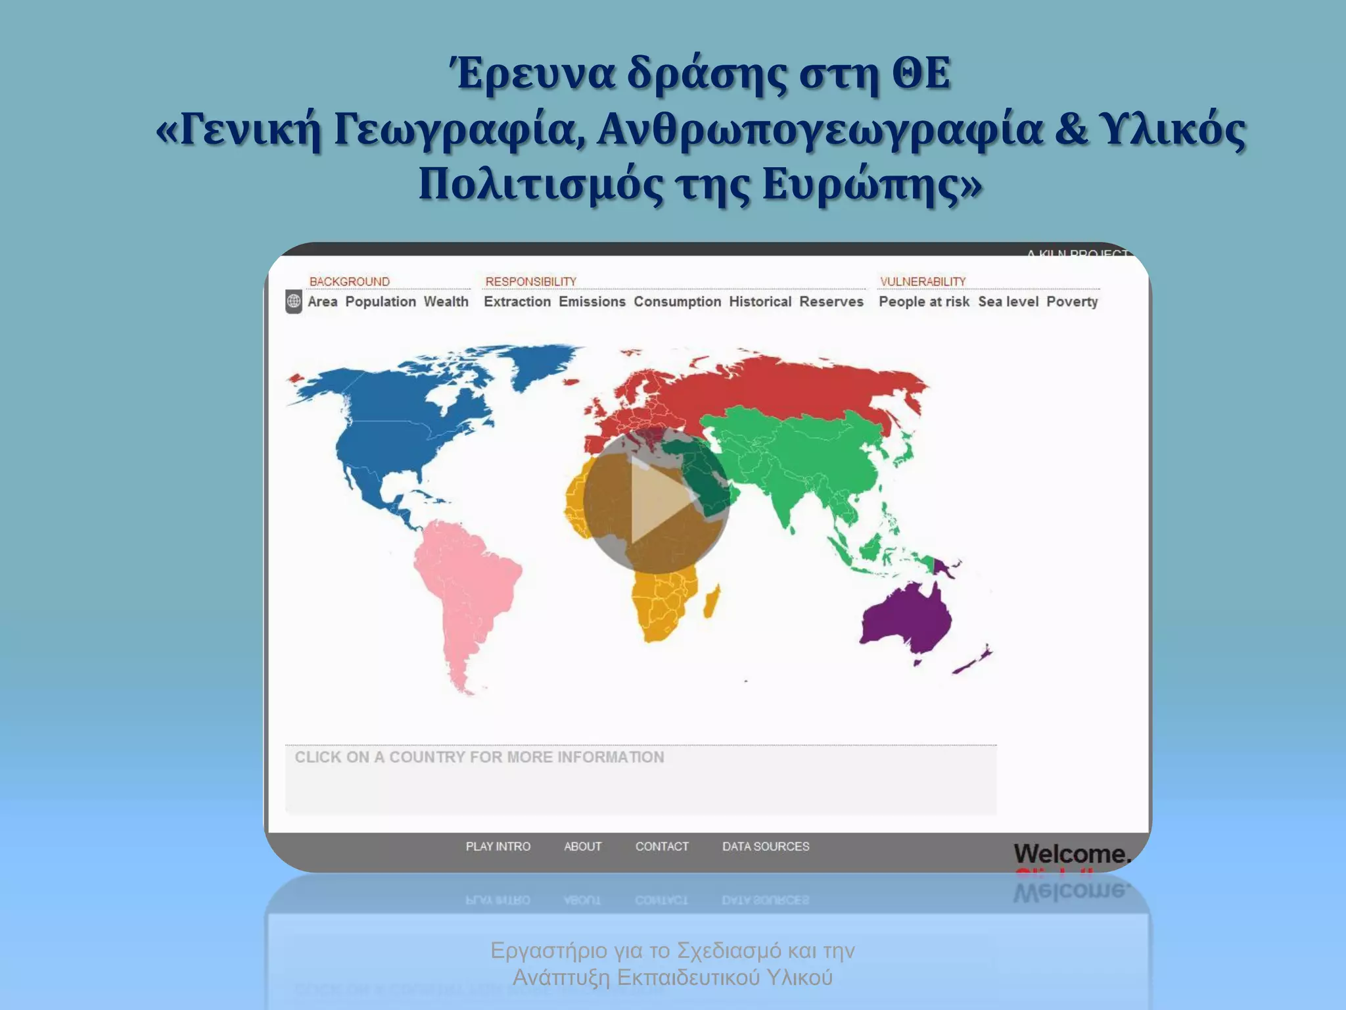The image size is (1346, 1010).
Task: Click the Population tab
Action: click(x=381, y=302)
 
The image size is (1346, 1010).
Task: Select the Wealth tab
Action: click(x=446, y=302)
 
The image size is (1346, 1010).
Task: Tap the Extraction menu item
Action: click(x=517, y=302)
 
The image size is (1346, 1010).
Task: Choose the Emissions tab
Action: click(x=592, y=302)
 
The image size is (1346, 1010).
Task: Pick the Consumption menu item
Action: click(x=677, y=302)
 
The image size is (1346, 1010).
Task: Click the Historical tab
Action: click(x=760, y=302)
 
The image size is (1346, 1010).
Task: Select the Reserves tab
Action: click(x=831, y=302)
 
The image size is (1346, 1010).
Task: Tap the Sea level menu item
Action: click(x=1008, y=302)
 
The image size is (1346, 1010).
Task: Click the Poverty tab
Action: click(x=1072, y=302)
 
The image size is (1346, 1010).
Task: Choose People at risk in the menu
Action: click(x=923, y=302)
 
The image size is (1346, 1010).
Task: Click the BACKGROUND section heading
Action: click(x=349, y=281)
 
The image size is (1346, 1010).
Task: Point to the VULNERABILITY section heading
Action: click(x=923, y=281)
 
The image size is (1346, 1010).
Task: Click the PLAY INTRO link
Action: click(x=498, y=846)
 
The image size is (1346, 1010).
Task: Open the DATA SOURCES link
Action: click(x=766, y=846)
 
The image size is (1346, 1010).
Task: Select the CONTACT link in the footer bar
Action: click(x=662, y=846)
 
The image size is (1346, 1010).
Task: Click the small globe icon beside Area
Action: click(x=294, y=302)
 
